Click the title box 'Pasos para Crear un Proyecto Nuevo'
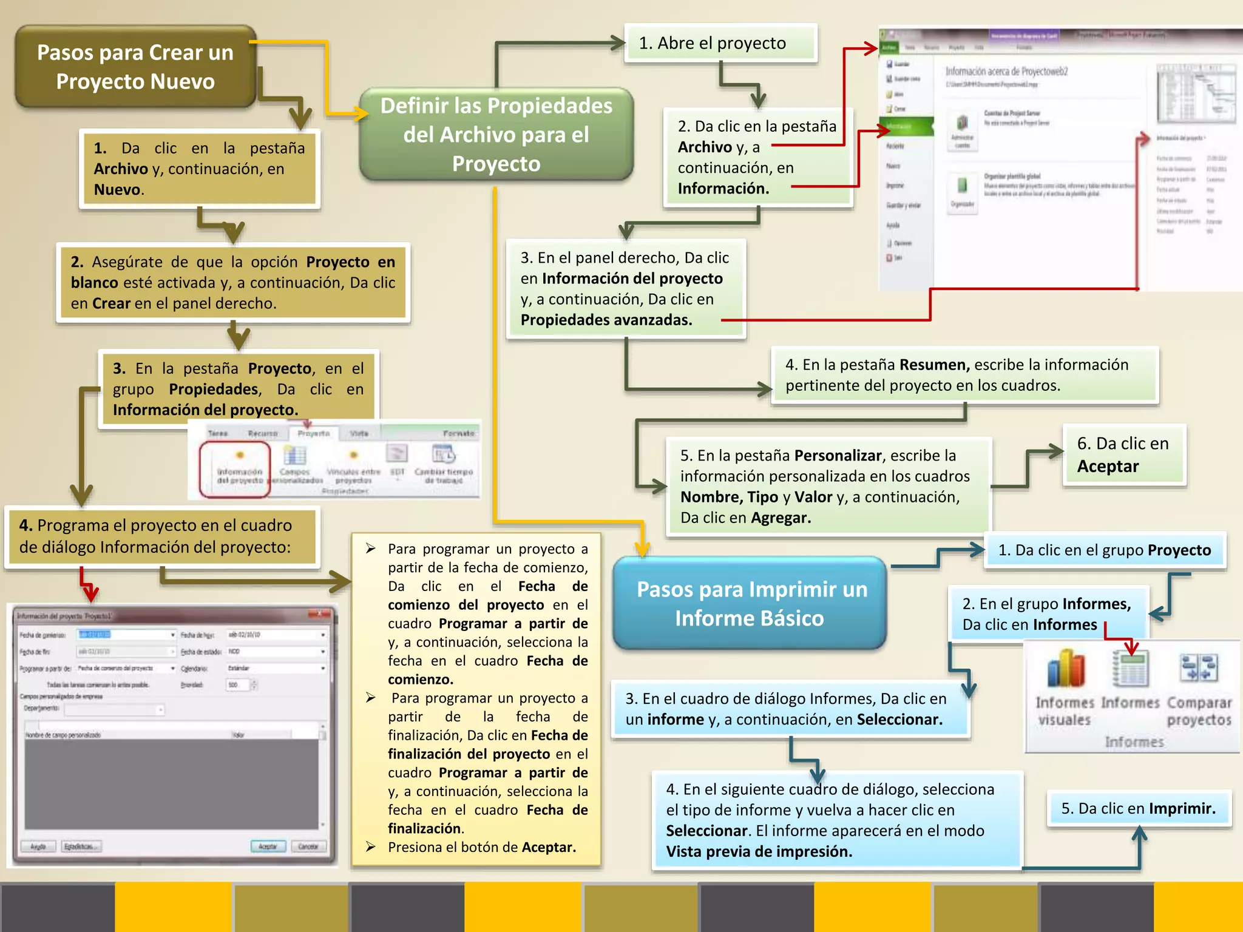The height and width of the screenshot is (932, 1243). (135, 67)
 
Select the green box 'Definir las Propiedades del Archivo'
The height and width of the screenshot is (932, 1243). (496, 134)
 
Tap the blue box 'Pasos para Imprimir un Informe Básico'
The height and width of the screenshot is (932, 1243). (750, 603)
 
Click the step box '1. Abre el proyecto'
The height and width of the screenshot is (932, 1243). (720, 43)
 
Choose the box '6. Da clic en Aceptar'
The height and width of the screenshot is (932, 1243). (1123, 454)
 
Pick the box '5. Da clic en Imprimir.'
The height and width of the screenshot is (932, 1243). (1138, 808)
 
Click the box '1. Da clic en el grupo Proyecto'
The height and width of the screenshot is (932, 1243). (1104, 550)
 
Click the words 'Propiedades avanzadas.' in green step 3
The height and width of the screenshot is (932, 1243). (606, 320)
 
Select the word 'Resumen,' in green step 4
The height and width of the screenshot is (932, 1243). (934, 365)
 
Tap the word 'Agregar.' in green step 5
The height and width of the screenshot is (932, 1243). (781, 518)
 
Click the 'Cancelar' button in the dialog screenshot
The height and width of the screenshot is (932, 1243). (308, 846)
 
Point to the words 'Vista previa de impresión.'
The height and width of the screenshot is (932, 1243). (759, 851)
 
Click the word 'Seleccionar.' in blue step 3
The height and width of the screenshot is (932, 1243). (899, 720)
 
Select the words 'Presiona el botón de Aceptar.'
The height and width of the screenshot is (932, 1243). (481, 847)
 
